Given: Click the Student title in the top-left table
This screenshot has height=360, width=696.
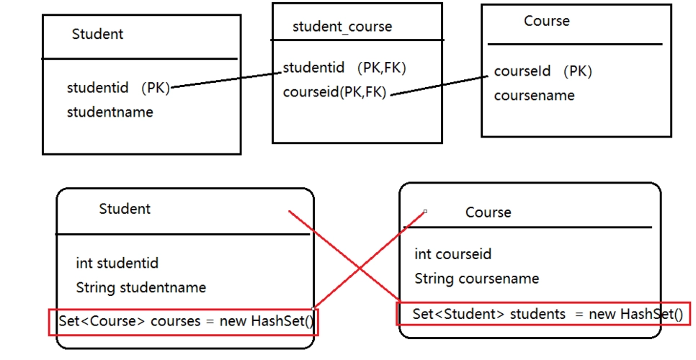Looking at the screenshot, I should pos(97,34).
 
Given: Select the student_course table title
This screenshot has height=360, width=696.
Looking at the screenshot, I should pos(342,27).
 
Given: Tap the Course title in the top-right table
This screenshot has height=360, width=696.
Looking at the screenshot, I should pos(546,21).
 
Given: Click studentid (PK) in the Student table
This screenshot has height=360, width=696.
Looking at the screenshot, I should pos(118,88).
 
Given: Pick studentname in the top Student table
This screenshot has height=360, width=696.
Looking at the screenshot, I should pos(110,112).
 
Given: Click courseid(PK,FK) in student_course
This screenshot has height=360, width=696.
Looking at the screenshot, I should pos(335,92).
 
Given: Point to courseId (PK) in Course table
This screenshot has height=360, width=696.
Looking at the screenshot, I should pos(543,71).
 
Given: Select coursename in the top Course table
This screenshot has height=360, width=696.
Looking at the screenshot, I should pos(534,96).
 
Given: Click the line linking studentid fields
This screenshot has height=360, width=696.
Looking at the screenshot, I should pos(227,77).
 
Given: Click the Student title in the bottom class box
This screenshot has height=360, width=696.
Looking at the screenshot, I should pos(125,209).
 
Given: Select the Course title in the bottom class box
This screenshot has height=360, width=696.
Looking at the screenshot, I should pos(488,212).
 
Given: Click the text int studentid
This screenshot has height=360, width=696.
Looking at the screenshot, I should pos(117,264).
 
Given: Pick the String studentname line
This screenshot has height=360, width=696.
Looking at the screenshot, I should pos(140,287).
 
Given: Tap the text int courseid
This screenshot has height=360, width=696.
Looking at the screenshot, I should pos(452,254).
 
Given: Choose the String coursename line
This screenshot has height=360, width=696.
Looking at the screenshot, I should pos(476,279).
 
